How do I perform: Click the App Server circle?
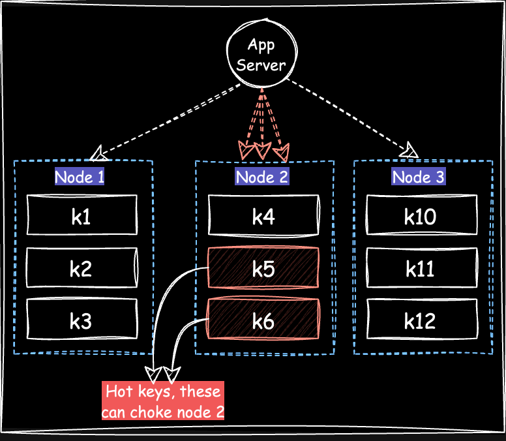[261, 55]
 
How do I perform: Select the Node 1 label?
[80, 177]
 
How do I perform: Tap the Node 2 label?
[261, 177]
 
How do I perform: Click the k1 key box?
[82, 216]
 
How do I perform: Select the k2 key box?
[82, 268]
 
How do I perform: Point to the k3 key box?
[82, 320]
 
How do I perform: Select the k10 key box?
[421, 216]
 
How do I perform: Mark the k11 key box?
[421, 268]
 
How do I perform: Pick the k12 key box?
[421, 320]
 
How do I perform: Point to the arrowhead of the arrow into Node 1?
[99, 154]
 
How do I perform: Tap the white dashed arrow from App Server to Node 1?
[170, 119]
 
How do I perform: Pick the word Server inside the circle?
[261, 65]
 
